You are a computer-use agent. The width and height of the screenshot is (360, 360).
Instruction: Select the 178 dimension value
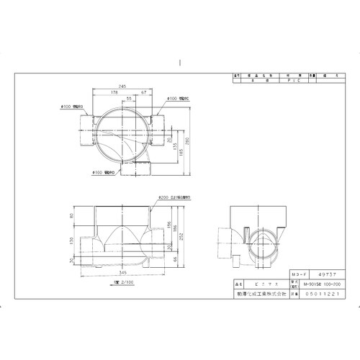click(x=115, y=92)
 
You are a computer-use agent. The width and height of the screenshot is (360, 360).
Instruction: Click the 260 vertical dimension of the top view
click(x=188, y=140)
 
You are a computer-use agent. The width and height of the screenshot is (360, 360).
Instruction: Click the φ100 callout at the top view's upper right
click(x=179, y=99)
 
